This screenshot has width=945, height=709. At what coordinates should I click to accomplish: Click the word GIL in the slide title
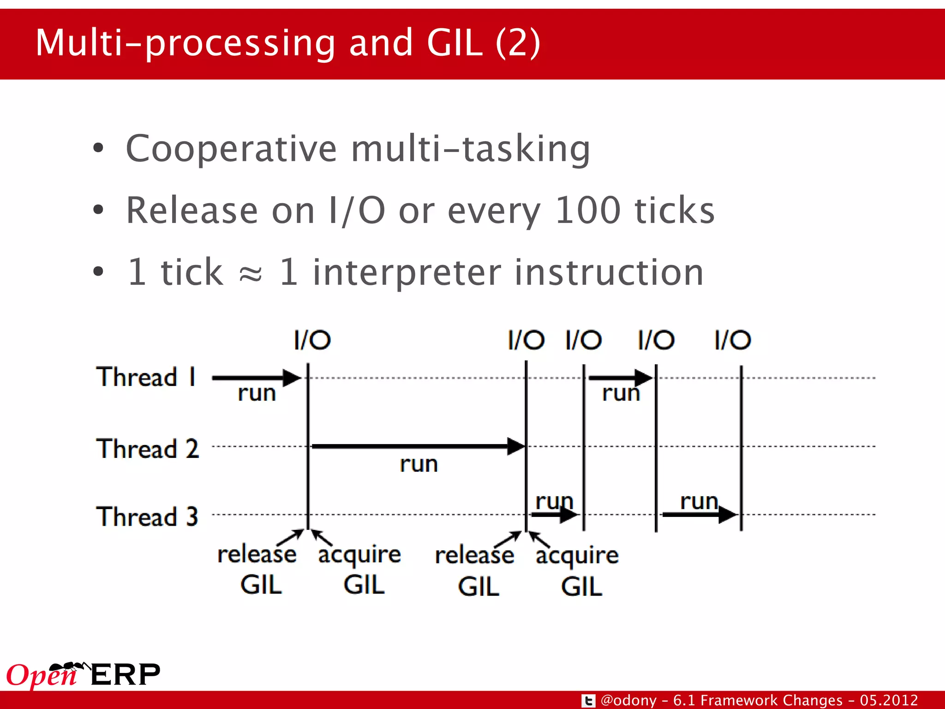click(454, 42)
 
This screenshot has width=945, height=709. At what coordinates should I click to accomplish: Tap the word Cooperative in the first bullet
click(231, 149)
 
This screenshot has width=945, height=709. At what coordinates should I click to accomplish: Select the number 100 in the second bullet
click(587, 210)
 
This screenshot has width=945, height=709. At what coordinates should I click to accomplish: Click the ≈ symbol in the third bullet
click(251, 274)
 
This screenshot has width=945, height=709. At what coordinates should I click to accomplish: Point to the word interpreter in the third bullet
click(406, 273)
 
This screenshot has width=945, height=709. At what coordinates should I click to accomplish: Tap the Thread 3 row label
click(147, 517)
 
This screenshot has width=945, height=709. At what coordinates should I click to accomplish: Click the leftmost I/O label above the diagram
click(312, 341)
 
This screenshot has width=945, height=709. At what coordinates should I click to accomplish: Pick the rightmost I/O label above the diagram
click(732, 341)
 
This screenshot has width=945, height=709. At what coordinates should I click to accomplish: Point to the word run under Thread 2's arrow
click(419, 464)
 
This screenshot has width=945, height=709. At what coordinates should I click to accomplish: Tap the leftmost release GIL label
click(257, 569)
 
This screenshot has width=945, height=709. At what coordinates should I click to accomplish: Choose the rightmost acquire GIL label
click(577, 570)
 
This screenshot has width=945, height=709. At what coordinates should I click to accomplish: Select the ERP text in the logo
click(126, 675)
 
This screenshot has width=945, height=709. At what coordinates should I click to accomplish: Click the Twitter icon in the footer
click(588, 701)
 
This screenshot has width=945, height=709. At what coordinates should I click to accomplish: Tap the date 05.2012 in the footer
click(889, 700)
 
